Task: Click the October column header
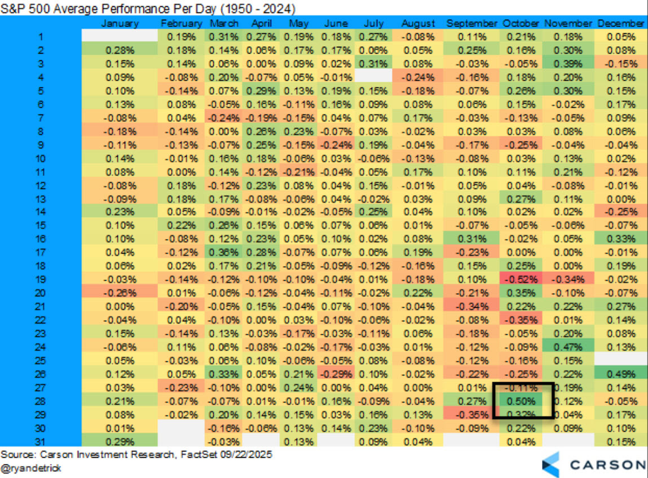coord(521,24)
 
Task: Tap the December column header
coord(620,24)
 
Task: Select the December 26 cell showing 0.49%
coord(620,374)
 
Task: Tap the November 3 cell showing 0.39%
coord(568,64)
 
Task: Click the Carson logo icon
coord(551,464)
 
